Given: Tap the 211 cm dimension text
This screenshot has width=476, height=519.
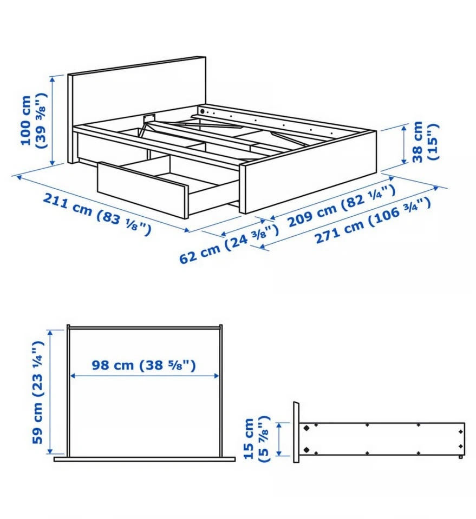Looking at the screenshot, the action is [97, 215].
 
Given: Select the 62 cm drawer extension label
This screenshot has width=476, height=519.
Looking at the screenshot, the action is [229, 244].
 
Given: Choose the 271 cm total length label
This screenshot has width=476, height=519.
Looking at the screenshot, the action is [373, 220].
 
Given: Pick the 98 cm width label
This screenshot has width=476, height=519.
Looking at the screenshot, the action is [144, 365].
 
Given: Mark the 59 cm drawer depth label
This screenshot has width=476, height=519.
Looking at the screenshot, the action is [37, 392].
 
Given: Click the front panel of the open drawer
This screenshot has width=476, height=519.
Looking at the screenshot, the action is [142, 190].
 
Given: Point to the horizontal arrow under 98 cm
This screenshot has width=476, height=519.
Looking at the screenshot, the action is [145, 376].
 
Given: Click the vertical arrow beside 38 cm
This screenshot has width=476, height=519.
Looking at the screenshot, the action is [404, 144].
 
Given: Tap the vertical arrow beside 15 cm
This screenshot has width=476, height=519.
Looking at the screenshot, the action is [279, 439].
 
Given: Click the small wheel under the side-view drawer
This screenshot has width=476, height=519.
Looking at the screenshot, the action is [461, 457].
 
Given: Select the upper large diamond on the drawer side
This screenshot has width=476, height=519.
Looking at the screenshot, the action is [307, 428].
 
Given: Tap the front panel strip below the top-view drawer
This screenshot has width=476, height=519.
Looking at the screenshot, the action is [145, 460].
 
